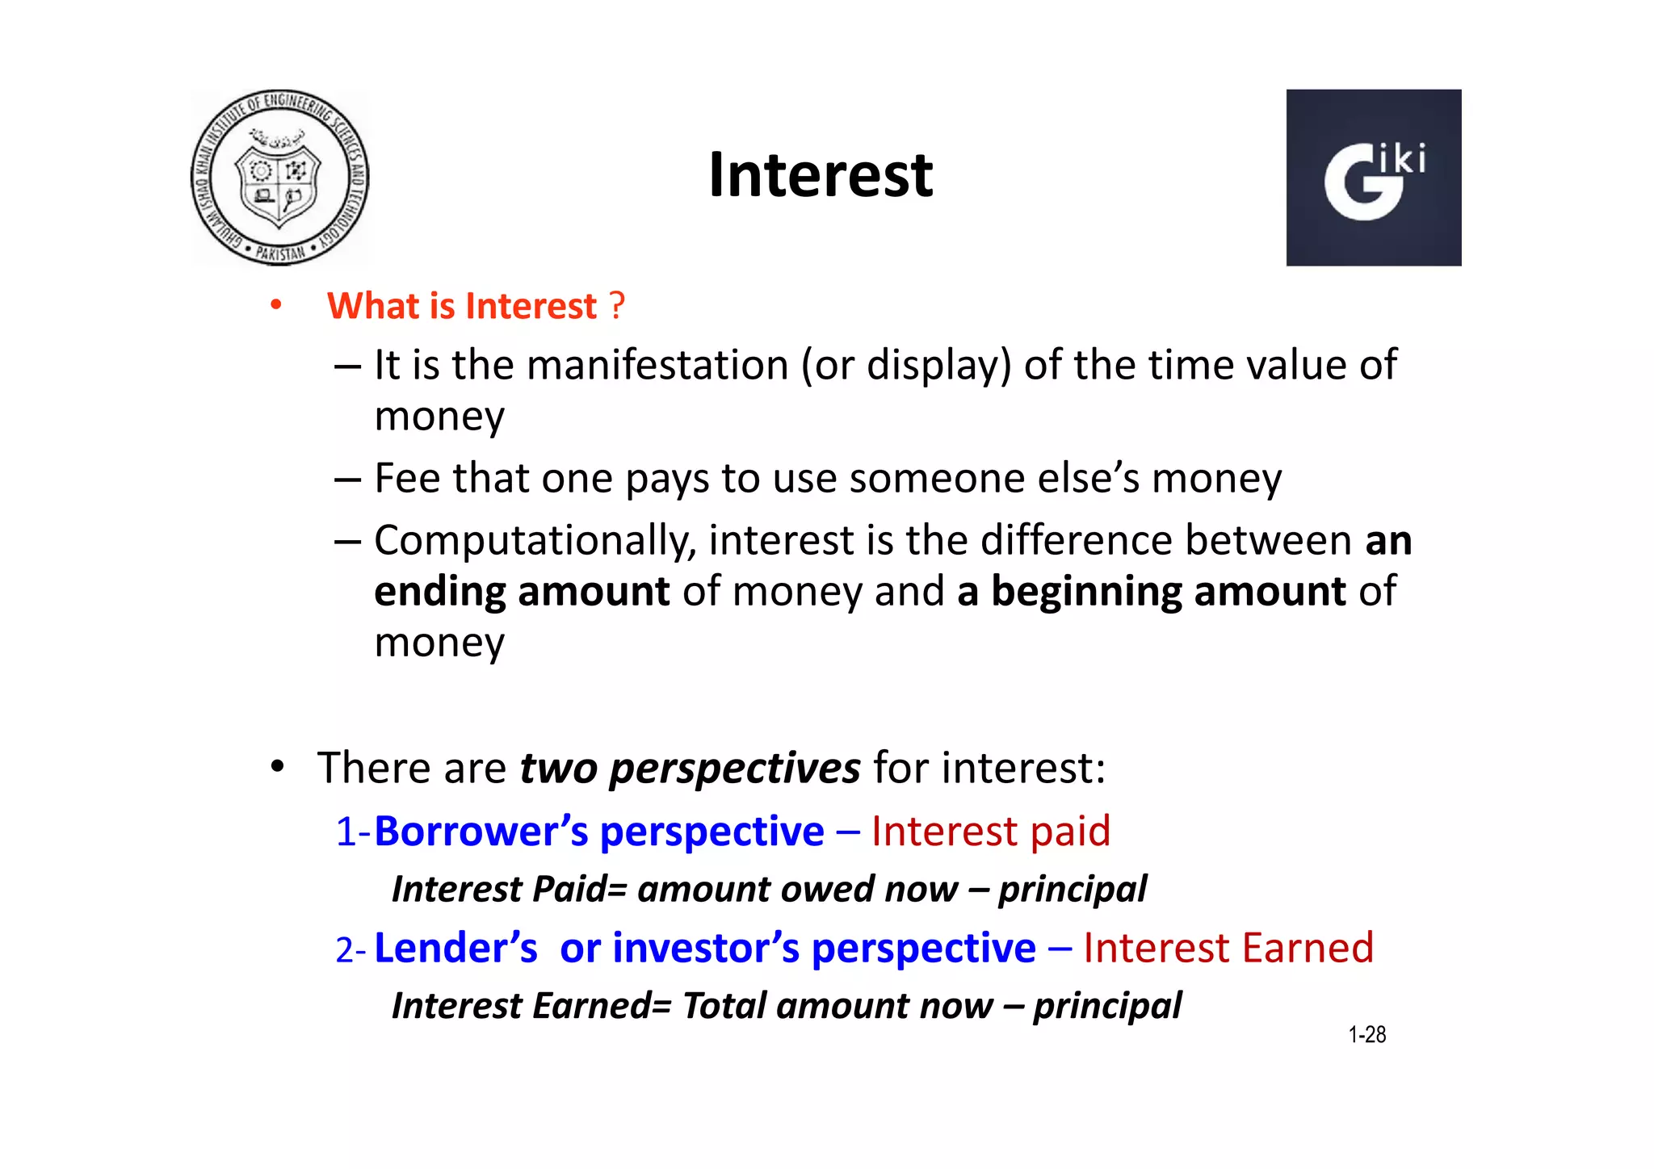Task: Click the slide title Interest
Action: [820, 175]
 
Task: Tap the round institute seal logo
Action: [279, 178]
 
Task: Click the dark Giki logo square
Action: [1373, 178]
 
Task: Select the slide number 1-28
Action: [1366, 1035]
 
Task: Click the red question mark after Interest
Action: [617, 306]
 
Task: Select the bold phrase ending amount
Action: [522, 592]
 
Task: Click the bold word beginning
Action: [1085, 592]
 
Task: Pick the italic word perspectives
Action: [734, 768]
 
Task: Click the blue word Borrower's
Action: [481, 832]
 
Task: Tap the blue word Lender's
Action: [455, 948]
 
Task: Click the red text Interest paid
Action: [990, 832]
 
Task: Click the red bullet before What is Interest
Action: [276, 306]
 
